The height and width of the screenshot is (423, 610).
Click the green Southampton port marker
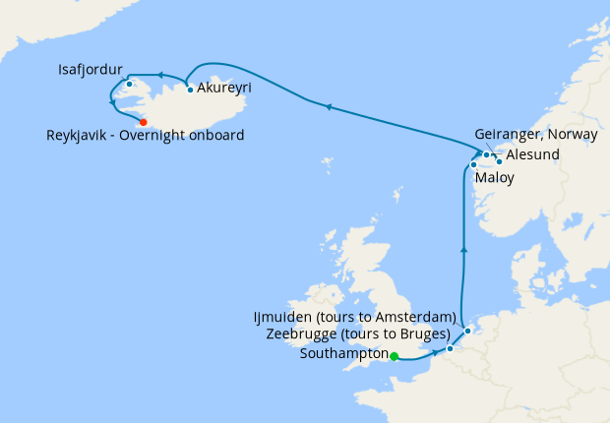[x=394, y=356]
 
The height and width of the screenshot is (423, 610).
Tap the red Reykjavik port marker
[x=143, y=122]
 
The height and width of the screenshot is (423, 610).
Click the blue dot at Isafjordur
[x=129, y=84]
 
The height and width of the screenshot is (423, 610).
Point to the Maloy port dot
[x=473, y=164]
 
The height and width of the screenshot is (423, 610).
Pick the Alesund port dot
[x=499, y=160]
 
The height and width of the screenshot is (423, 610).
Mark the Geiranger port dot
[x=487, y=154]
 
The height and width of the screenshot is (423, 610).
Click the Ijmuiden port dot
[x=468, y=331]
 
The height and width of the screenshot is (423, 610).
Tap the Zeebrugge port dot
[x=450, y=348]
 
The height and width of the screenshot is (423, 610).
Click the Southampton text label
[x=343, y=355]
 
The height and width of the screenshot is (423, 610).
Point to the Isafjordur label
[x=91, y=71]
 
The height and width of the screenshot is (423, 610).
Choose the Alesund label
[x=532, y=155]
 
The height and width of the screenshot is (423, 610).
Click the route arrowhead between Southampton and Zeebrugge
[x=434, y=352]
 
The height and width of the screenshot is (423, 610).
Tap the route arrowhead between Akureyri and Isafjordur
[x=157, y=74]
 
